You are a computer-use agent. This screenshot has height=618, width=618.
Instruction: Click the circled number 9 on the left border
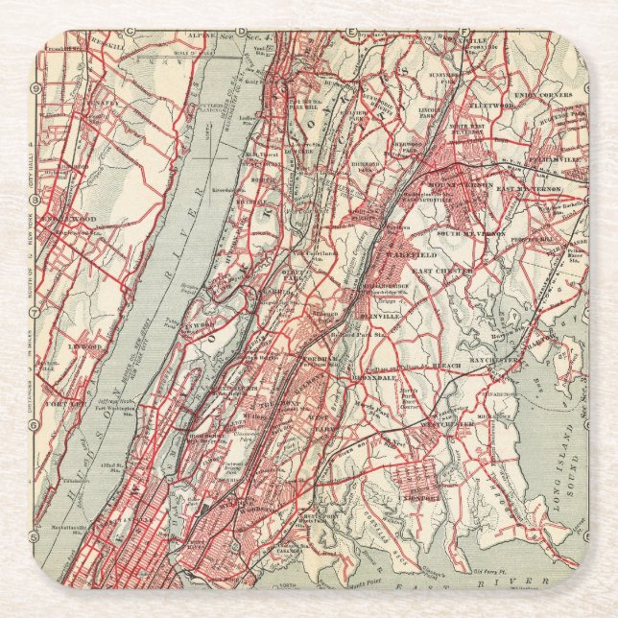36,88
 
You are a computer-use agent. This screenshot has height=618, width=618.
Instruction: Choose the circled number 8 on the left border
36,200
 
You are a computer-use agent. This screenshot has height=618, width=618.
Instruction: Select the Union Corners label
542,95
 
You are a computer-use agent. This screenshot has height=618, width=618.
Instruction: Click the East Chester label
441,273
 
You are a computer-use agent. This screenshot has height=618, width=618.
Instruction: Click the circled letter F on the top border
463,34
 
